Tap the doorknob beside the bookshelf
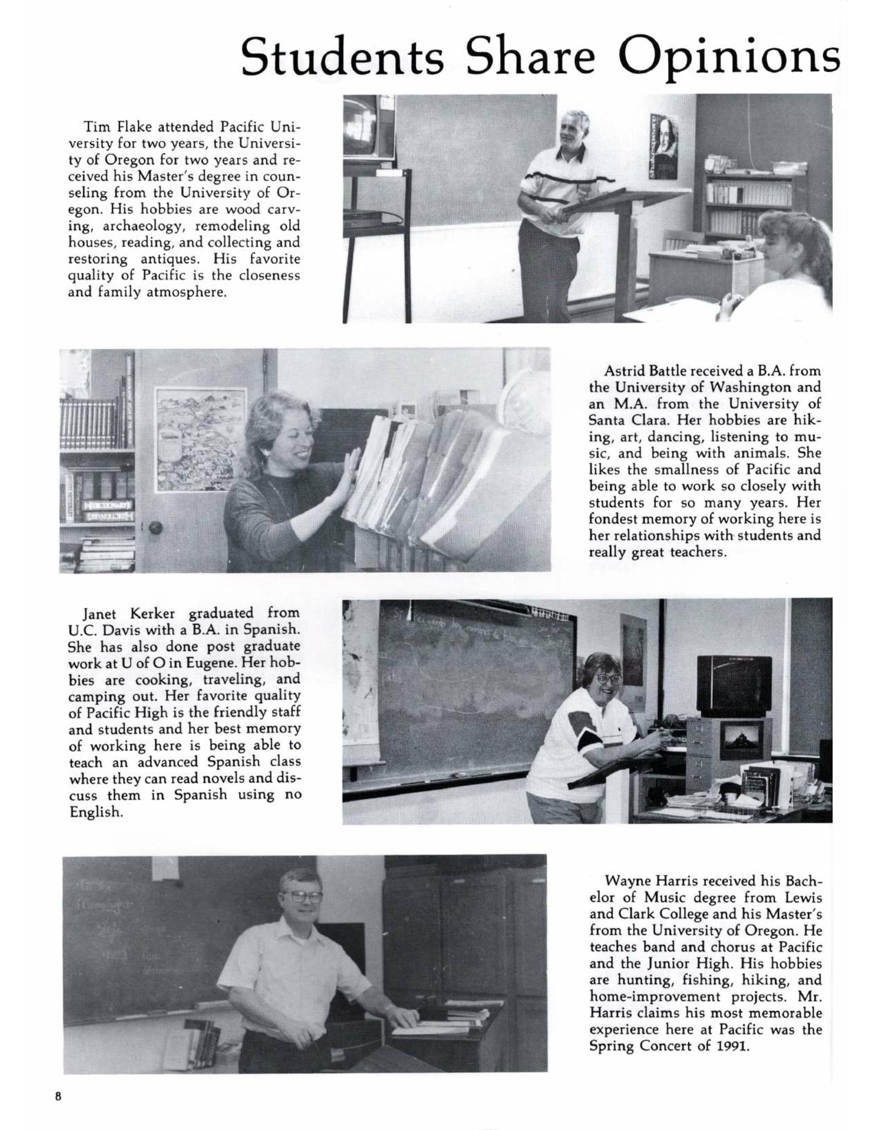coord(154,528)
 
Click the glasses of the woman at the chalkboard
coord(608,679)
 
